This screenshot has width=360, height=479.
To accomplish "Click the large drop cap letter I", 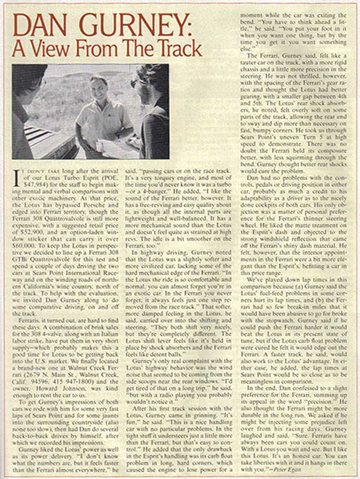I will pyautogui.click(x=16, y=178).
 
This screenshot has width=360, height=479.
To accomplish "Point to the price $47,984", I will pyautogui.click(x=28, y=186).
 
